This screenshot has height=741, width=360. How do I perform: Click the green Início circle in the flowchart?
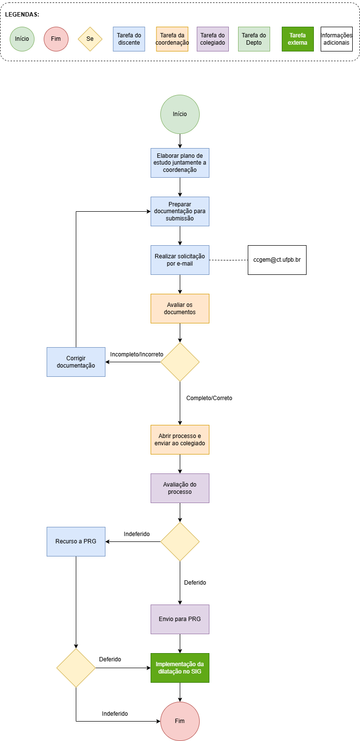[180, 115]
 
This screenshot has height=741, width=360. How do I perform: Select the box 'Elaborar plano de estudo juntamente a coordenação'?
[180, 163]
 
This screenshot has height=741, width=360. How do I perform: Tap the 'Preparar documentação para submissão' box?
[180, 211]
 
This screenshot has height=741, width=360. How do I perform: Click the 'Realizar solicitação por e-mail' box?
[180, 260]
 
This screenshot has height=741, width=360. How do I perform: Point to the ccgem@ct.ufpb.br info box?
[277, 260]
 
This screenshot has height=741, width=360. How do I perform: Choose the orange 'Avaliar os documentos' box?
[180, 309]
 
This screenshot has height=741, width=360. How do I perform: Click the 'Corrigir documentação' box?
[76, 362]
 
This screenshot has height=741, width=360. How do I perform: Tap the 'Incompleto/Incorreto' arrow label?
[137, 354]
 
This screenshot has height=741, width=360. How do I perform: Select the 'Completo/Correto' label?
[209, 398]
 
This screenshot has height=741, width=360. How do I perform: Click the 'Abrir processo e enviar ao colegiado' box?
[180, 439]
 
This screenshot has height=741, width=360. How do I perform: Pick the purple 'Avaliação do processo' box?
[180, 488]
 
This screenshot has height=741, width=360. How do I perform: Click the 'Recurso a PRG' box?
[76, 541]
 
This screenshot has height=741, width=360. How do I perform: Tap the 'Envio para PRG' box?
[180, 619]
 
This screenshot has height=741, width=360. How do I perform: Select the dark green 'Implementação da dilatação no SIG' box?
[180, 668]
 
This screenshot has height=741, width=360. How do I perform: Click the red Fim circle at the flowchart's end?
[180, 721]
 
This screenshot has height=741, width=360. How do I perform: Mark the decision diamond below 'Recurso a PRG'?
[76, 668]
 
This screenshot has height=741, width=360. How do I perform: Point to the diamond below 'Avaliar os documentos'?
[180, 362]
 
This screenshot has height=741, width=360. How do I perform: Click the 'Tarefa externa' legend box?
[298, 39]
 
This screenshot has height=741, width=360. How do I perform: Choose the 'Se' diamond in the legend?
[90, 39]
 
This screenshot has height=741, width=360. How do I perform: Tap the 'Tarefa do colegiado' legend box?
[213, 39]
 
